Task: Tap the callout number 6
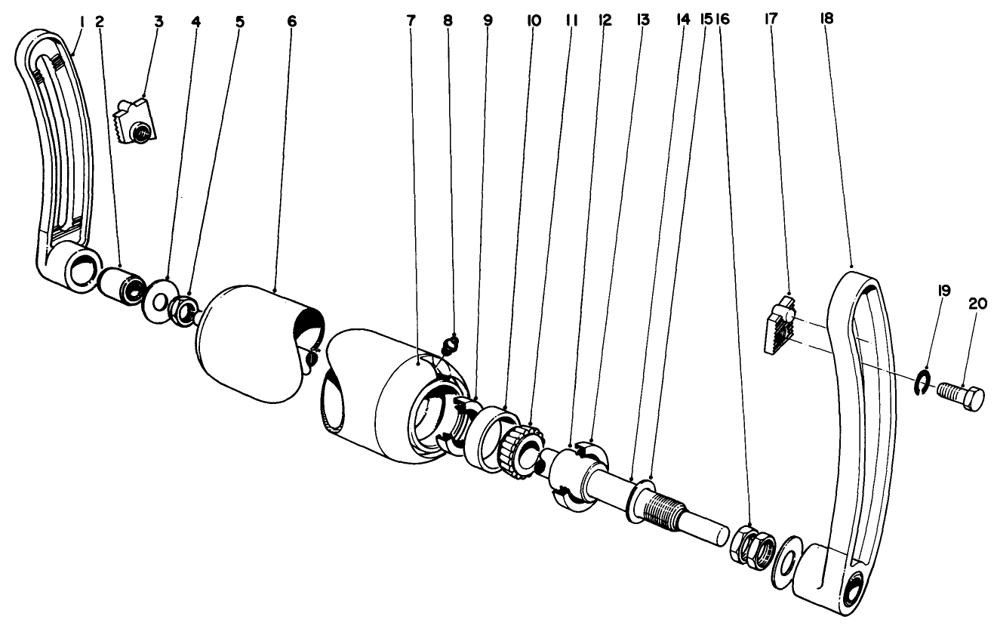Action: tap(291, 20)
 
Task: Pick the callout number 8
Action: tap(448, 20)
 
